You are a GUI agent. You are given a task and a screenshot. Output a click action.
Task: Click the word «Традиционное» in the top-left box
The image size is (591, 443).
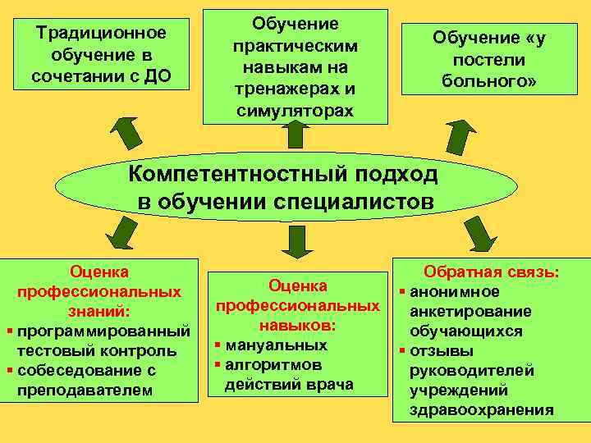[103, 34]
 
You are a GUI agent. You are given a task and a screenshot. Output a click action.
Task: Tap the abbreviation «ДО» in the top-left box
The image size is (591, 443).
[160, 76]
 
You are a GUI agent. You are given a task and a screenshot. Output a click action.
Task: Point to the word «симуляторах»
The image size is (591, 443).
[295, 110]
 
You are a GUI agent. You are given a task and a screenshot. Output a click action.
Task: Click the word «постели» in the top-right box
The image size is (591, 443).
[489, 61]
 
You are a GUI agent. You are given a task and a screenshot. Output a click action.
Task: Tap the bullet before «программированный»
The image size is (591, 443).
[7, 331]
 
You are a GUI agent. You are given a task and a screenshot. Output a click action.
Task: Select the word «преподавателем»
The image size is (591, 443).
[85, 390]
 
